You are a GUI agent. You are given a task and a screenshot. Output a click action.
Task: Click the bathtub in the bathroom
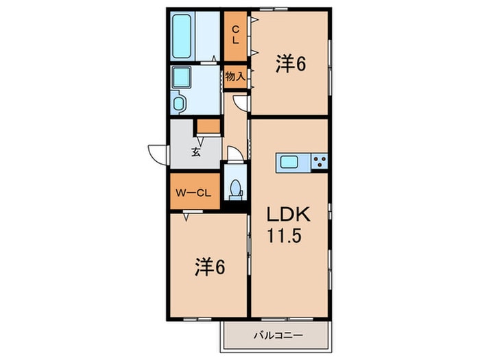click(x=182, y=36)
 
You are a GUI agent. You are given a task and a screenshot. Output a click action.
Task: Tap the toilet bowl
click(x=235, y=188)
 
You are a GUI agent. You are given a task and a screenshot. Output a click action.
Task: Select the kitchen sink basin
click(x=289, y=162)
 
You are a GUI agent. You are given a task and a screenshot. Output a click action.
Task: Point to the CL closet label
click(x=235, y=35)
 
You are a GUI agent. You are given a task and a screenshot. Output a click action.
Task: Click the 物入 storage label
click(x=235, y=76)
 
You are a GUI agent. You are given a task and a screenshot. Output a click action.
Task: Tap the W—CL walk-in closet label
click(x=193, y=193)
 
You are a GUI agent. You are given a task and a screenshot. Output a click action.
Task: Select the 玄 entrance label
click(x=196, y=152)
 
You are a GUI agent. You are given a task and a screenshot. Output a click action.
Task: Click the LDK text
click(x=289, y=215)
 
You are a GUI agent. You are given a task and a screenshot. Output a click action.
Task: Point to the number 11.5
click(x=285, y=236)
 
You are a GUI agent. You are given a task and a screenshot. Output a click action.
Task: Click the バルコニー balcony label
click(x=278, y=335)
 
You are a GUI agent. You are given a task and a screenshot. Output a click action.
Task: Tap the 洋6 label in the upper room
click(x=291, y=64)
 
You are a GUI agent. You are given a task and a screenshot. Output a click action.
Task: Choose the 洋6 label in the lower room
click(x=210, y=267)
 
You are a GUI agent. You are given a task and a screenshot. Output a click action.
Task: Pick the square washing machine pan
click(x=182, y=77)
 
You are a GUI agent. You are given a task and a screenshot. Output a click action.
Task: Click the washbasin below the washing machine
click(x=178, y=103)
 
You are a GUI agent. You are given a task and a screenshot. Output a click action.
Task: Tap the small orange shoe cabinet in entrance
click(x=208, y=126)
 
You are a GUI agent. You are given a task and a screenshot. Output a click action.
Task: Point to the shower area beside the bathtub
click(x=208, y=36)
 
